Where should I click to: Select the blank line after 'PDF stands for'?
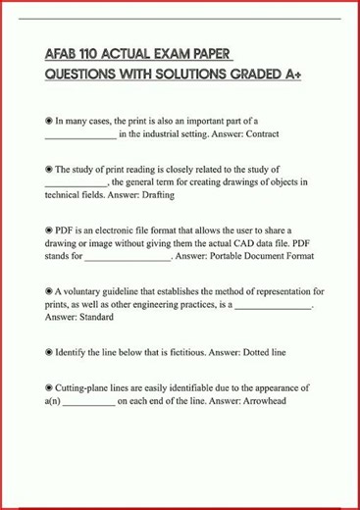tap(128, 257)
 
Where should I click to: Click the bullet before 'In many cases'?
tap(49, 120)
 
